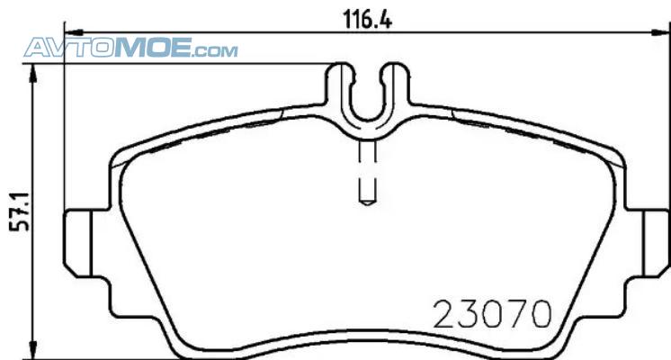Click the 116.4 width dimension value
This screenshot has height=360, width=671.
pyautogui.click(x=368, y=19)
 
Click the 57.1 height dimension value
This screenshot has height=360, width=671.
pyautogui.click(x=19, y=211)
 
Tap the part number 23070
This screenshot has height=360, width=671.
pyautogui.click(x=492, y=314)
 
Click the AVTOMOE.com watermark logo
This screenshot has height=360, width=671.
pyautogui.click(x=130, y=48)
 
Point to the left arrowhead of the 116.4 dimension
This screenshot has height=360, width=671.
pyautogui.click(x=73, y=32)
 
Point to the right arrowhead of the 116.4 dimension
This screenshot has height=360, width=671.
pyautogui.click(x=661, y=32)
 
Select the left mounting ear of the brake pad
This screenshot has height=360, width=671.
pyautogui.click(x=78, y=244)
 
